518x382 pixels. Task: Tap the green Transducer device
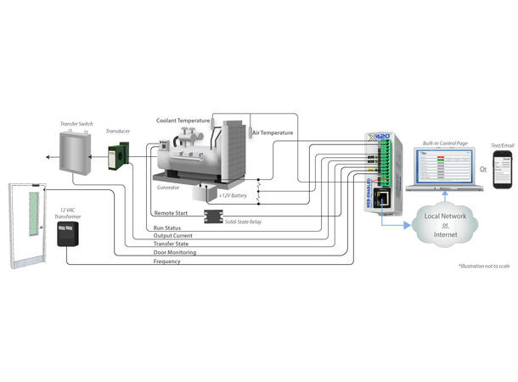119,158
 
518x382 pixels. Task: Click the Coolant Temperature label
183,121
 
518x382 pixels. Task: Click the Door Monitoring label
175,253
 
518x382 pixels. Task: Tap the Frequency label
166,261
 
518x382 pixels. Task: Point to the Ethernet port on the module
382,202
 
